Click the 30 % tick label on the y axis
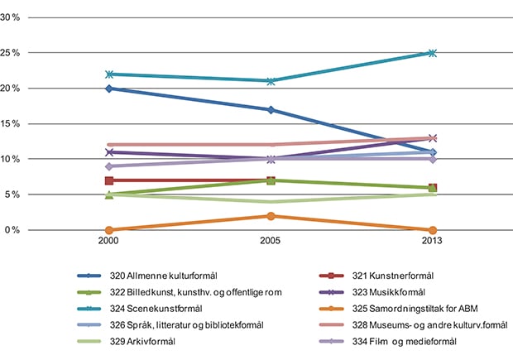(19, 17)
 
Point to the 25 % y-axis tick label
(19, 53)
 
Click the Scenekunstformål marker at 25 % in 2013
(432, 53)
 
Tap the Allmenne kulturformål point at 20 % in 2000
(109, 89)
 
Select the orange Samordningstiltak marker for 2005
(271, 216)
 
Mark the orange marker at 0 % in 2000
(109, 230)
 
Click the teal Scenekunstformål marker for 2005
(271, 81)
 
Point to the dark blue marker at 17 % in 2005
(271, 109)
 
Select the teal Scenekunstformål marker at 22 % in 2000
(109, 74)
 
